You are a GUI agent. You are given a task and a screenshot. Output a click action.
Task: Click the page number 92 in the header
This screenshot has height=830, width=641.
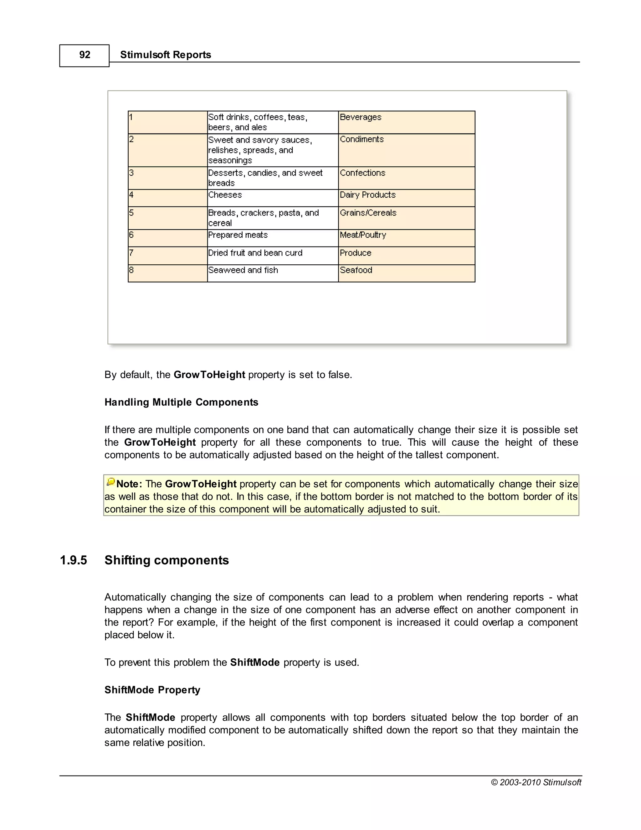[x=85, y=55]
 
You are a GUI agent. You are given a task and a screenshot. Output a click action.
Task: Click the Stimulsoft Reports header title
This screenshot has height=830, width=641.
[x=165, y=55]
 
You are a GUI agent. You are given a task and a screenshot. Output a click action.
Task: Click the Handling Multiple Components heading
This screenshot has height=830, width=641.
[x=181, y=402]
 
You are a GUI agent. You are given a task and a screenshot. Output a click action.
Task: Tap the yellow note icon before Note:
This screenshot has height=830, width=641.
[x=110, y=482]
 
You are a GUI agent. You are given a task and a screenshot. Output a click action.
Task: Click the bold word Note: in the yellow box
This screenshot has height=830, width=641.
[x=129, y=484]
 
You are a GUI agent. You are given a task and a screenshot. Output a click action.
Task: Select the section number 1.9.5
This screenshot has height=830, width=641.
[x=73, y=560]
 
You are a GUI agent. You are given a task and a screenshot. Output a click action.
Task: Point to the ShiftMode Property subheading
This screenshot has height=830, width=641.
[x=152, y=690]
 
